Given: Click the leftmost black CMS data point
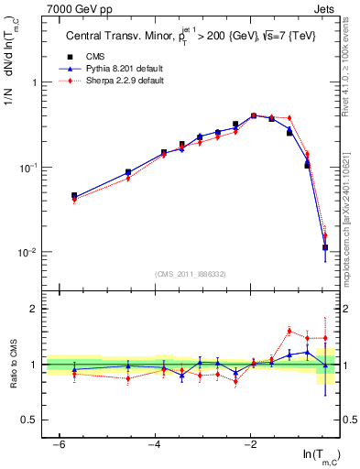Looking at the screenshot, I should pos(74,195).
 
